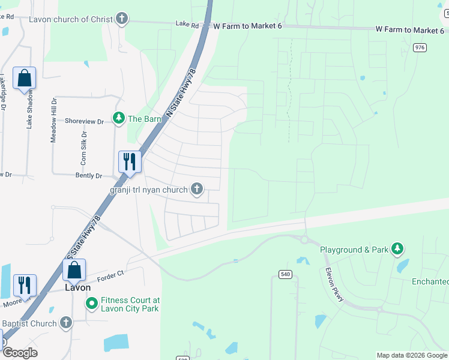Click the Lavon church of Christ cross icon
pyautogui.click(x=122, y=19)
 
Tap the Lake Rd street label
pyautogui.click(x=187, y=25)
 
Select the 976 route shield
pyautogui.click(x=420, y=47)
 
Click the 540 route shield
pyautogui.click(x=285, y=274)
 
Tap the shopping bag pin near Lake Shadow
pyautogui.click(x=24, y=79)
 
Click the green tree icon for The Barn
pyautogui.click(x=119, y=118)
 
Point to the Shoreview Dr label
pyautogui.click(x=84, y=121)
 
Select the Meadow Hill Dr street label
pyautogui.click(x=53, y=120)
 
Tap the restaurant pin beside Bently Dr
pyautogui.click(x=130, y=161)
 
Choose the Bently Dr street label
pyautogui.click(x=89, y=176)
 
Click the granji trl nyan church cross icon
pyautogui.click(x=196, y=190)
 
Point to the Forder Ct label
pyautogui.click(x=112, y=273)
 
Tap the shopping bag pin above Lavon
pyautogui.click(x=74, y=270)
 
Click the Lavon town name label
pyautogui.click(x=77, y=288)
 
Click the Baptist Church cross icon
pyautogui.click(x=65, y=323)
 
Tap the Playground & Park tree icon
pyautogui.click(x=396, y=248)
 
